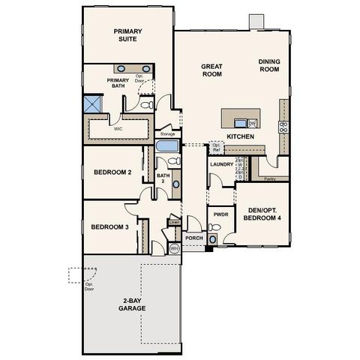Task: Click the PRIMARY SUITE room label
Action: (x=128, y=34)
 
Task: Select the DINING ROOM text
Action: (x=268, y=65)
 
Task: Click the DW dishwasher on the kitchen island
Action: (x=253, y=122)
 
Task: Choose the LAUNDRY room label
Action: (x=222, y=164)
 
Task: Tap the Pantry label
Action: (x=270, y=179)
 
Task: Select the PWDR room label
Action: (x=220, y=214)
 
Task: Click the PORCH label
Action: (x=194, y=238)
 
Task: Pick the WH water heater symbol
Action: (x=174, y=248)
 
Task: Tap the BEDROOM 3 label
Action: (x=110, y=227)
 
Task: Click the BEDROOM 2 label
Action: (x=113, y=172)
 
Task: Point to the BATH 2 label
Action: (x=161, y=179)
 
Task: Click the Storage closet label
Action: (x=166, y=133)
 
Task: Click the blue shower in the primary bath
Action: (x=93, y=103)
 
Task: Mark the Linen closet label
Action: (x=174, y=222)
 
